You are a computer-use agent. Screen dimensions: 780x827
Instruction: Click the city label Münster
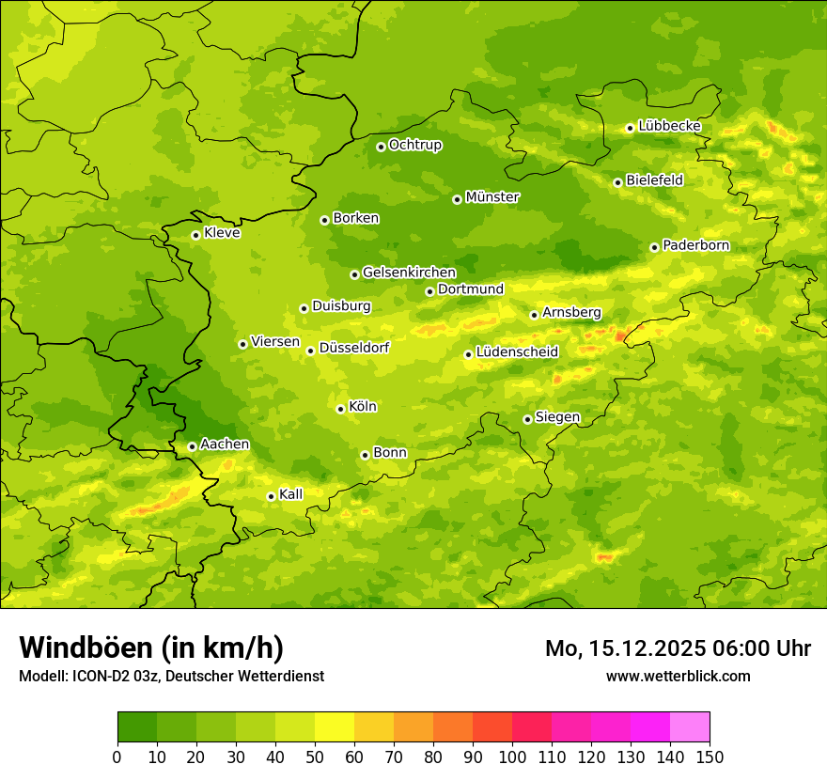tap(492, 197)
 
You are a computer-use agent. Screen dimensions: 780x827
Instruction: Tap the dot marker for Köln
tap(340, 409)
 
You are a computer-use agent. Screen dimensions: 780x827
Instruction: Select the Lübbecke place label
tap(669, 126)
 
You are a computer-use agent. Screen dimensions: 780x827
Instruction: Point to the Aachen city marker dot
tap(192, 446)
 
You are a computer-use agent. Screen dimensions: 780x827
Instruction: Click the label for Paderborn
tap(695, 245)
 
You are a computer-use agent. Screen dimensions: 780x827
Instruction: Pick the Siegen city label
tap(557, 417)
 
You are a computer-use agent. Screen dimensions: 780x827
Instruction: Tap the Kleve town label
tap(222, 233)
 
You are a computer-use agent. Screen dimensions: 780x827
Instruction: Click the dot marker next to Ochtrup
tap(381, 147)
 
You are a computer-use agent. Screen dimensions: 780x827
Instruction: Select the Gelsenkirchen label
tap(409, 273)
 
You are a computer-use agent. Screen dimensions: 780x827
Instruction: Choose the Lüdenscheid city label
tap(517, 352)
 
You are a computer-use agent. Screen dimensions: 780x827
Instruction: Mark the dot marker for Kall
tap(271, 496)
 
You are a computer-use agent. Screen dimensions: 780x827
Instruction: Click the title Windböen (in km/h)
tap(151, 647)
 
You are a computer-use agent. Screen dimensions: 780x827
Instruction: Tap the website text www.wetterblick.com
tap(678, 676)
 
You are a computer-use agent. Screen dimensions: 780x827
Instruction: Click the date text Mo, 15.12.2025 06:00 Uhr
tap(678, 648)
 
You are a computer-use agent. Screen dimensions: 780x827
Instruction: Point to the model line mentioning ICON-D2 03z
tap(171, 677)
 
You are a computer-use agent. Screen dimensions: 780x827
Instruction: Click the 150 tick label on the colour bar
tap(710, 757)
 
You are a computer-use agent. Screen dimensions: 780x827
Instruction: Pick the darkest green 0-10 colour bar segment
tap(137, 727)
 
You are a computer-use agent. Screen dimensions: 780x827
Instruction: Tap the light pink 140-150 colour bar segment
tap(690, 727)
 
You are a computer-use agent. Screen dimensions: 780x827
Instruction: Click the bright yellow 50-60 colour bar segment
tap(335, 727)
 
